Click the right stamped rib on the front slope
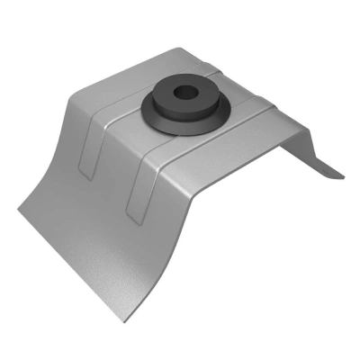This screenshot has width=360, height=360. pos(135,184)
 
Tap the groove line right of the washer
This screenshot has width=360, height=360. pos(252,106)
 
